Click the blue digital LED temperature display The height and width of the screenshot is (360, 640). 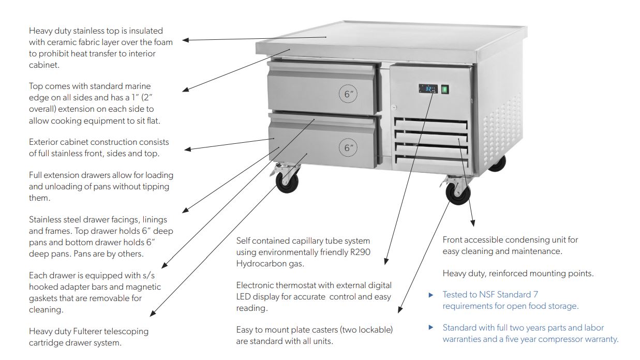point(428,89)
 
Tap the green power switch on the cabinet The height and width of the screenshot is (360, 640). point(444,89)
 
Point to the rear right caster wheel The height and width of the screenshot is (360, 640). point(497,162)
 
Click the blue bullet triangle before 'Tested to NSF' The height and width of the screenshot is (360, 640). point(431,295)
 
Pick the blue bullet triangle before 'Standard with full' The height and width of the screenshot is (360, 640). point(431,327)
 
